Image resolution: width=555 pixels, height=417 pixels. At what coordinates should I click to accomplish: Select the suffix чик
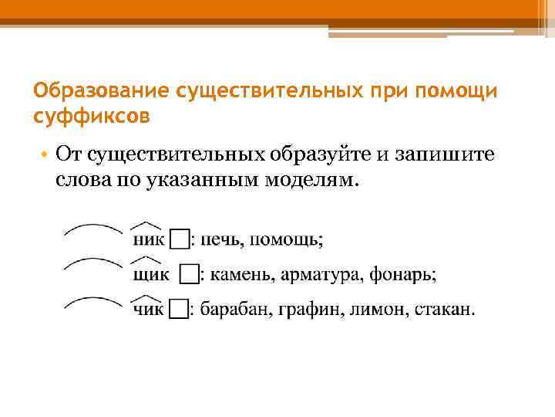[148, 310]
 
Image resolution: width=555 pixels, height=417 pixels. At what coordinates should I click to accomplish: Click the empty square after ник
[178, 239]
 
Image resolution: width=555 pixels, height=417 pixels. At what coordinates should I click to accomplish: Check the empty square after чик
[178, 310]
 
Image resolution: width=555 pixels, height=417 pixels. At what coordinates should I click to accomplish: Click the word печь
[220, 239]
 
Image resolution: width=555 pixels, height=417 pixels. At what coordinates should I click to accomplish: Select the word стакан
[444, 310]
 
